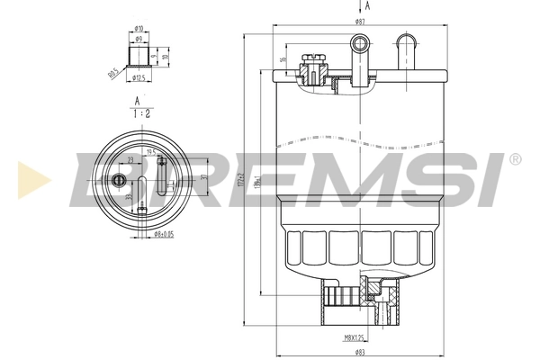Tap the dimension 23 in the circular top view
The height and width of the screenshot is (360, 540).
(130, 159)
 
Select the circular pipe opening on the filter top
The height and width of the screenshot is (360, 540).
(360, 41)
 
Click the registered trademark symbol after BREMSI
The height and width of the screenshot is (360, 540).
(514, 159)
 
